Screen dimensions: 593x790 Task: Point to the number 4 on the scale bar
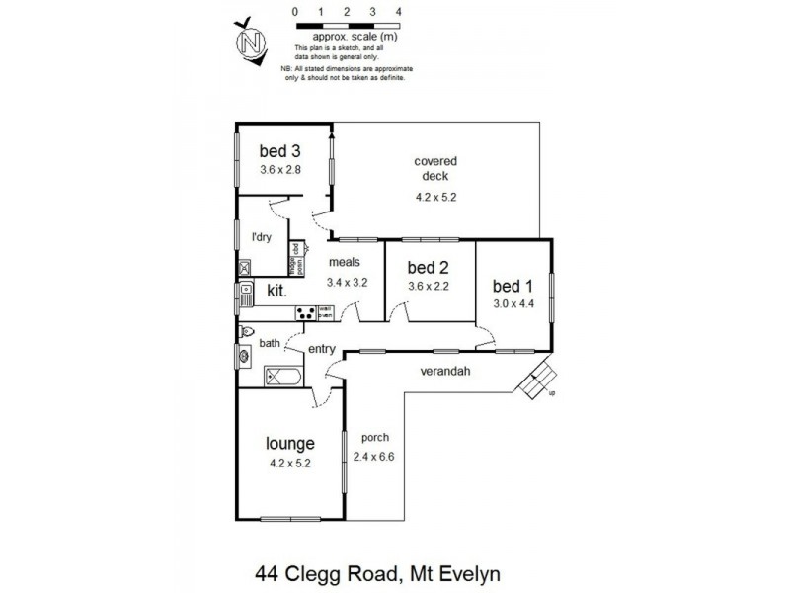(x=398, y=11)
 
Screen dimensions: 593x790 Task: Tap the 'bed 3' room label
(x=279, y=151)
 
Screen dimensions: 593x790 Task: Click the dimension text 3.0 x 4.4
(x=513, y=303)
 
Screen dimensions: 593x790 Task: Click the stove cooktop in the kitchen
(x=306, y=313)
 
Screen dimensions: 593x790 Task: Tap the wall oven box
(x=325, y=313)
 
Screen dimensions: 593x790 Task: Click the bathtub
(x=285, y=376)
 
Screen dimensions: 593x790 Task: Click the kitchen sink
(x=243, y=293)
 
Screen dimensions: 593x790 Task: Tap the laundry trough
(x=244, y=266)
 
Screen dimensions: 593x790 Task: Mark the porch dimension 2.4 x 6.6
(x=375, y=457)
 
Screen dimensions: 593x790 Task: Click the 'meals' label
(x=344, y=263)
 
